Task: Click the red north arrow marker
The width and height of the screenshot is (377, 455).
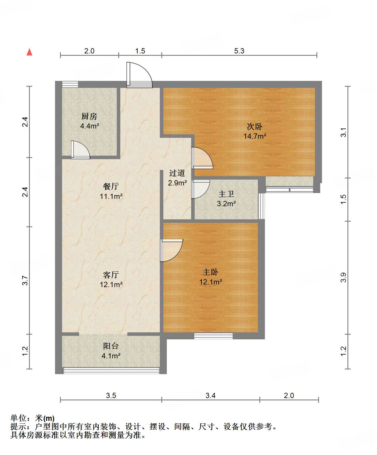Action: point(29,52)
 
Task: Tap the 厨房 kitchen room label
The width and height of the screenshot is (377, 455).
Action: point(89,117)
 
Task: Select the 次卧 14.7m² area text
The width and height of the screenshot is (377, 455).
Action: point(255,136)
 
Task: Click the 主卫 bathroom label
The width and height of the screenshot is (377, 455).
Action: point(226,194)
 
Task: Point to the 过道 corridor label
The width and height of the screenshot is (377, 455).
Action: point(177,173)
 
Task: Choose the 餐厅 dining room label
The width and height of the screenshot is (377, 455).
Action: point(111,186)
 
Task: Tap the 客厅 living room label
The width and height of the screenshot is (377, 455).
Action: point(111,275)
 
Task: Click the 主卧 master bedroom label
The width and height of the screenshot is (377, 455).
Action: point(210,272)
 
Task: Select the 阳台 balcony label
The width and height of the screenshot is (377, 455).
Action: point(111,346)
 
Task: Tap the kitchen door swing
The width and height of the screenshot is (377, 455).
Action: point(80,150)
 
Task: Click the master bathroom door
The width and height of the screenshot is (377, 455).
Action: point(200,189)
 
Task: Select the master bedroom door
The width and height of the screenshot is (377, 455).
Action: point(171,250)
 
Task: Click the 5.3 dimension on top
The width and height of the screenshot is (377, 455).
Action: point(239,51)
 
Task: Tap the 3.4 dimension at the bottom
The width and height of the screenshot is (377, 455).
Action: point(210,395)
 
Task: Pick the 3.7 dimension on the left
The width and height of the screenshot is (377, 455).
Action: point(25,280)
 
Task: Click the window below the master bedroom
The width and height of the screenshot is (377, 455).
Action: point(213,336)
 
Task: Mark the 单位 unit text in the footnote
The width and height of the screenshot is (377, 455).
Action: point(18,418)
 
